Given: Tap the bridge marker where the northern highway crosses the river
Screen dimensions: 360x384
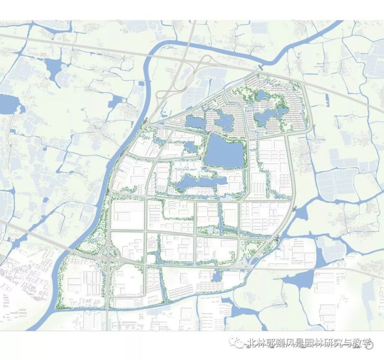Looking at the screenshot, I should click(x=261, y=67).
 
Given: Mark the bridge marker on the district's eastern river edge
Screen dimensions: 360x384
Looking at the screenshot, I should click(x=295, y=208).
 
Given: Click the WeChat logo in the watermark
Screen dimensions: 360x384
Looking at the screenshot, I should click(x=240, y=343).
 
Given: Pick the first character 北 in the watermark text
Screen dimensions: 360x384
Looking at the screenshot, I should click(x=251, y=343).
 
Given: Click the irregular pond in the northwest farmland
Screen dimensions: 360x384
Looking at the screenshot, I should click(x=53, y=69).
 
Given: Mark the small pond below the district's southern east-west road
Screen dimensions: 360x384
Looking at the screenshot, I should click(x=217, y=275).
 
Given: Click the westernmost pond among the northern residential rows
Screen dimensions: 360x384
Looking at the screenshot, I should click(x=195, y=122).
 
